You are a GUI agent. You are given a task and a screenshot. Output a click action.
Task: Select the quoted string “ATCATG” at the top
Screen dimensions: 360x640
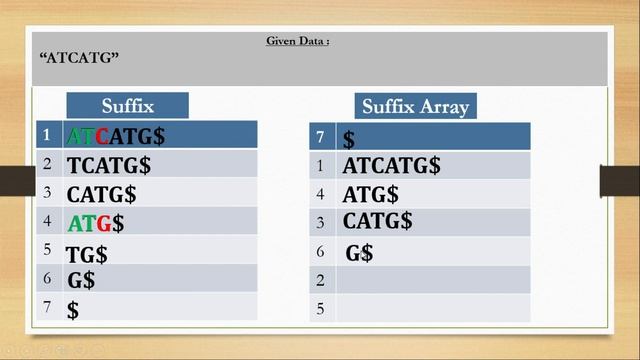(x=79, y=58)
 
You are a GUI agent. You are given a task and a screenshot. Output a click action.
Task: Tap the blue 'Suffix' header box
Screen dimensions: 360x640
(x=127, y=106)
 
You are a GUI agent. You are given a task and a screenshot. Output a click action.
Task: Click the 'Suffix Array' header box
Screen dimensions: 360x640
(x=415, y=106)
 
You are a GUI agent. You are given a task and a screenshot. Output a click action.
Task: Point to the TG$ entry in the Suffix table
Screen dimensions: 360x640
(x=87, y=254)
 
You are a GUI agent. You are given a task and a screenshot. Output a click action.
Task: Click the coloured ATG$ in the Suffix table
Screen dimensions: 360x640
(x=96, y=223)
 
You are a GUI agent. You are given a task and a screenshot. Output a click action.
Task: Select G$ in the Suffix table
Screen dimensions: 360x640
(x=81, y=281)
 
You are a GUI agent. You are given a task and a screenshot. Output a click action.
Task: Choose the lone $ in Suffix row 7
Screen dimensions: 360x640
(x=73, y=310)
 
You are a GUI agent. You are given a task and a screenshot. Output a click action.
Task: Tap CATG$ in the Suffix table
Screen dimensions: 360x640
(x=101, y=194)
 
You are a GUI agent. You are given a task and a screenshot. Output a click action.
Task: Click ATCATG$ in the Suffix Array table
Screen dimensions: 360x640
(x=391, y=166)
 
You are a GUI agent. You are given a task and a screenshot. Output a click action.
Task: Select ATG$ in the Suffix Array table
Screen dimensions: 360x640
(x=370, y=194)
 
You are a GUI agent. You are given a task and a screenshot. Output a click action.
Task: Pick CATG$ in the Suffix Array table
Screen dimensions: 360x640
(x=377, y=221)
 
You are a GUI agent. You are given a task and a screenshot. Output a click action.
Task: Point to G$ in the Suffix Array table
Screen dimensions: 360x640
(x=359, y=253)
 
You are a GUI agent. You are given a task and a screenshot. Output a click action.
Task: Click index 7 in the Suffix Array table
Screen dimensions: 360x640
(x=321, y=137)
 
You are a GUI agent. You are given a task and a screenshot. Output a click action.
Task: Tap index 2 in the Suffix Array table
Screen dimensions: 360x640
(x=321, y=281)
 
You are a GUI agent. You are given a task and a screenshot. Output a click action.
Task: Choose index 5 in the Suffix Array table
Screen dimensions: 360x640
(x=321, y=309)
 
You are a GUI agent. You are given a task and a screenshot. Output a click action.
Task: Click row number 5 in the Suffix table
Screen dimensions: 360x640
(x=47, y=250)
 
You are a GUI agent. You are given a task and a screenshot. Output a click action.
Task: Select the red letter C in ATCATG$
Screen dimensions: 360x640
(x=101, y=135)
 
